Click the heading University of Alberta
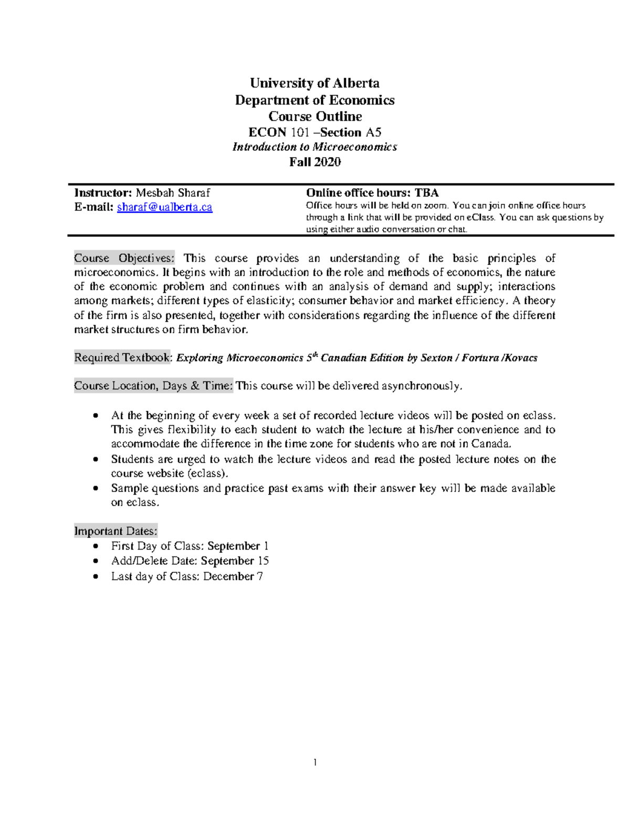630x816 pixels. (x=314, y=83)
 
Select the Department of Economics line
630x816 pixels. (x=314, y=100)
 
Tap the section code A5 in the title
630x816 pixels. (x=373, y=132)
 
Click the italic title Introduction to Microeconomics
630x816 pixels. (x=314, y=147)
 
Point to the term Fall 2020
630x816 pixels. (x=314, y=162)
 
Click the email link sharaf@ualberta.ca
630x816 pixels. (x=164, y=207)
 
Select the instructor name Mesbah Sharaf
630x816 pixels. (x=173, y=193)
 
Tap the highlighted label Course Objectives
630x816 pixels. (x=124, y=258)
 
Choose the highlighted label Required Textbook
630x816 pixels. (x=123, y=357)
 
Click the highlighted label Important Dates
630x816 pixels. (x=115, y=531)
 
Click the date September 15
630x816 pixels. (x=235, y=561)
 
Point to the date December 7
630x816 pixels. (x=233, y=576)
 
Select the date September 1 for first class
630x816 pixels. (x=238, y=546)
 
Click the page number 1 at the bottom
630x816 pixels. (x=314, y=762)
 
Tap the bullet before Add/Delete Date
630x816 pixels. (x=95, y=561)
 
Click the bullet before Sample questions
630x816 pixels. (x=95, y=488)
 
